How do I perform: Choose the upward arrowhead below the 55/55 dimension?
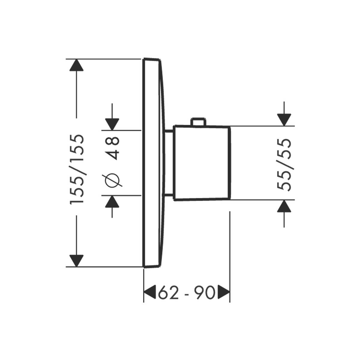pyautogui.click(x=284, y=206)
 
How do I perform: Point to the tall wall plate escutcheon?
pyautogui.click(x=153, y=162)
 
